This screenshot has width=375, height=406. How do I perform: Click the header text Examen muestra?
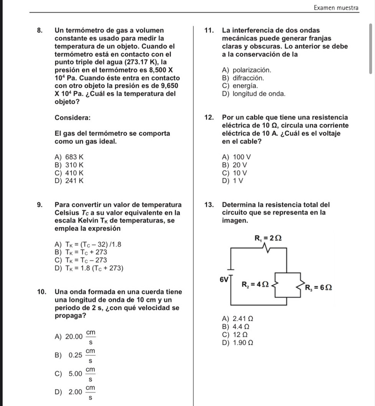point(336,8)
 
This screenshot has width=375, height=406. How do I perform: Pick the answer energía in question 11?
point(241,86)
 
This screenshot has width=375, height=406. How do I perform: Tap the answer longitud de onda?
point(253,93)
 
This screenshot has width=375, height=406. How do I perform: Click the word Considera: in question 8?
point(73,117)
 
